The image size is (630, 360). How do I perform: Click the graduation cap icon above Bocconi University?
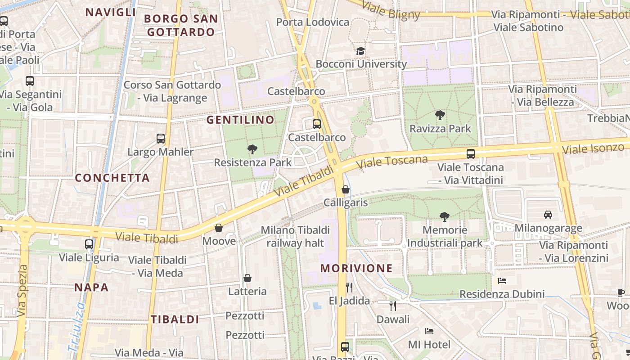coord(360,51)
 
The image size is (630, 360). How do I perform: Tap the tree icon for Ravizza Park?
coord(440,115)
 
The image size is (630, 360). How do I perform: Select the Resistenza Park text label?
coord(253,162)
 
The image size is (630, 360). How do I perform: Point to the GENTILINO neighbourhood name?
coord(240,120)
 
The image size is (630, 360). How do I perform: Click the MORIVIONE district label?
coord(356,269)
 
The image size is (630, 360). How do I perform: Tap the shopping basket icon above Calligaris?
coord(346,189)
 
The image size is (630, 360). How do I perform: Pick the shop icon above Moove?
coord(219,228)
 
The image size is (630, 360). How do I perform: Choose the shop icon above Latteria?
coord(247,279)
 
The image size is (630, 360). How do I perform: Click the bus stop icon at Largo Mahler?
coord(161,139)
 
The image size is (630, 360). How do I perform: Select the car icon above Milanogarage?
coord(548,215)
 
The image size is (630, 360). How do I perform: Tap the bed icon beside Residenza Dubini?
coord(502,281)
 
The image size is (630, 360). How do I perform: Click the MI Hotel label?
coord(429,345)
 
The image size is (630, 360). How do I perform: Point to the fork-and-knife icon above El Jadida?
coord(349,287)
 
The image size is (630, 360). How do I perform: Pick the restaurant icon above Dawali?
coord(393,306)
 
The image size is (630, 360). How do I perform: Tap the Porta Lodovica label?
coord(312,22)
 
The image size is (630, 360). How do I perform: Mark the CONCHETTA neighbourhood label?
coord(112,178)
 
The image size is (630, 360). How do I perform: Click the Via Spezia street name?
coord(23,290)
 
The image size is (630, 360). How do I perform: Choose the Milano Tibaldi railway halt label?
coord(295,236)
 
